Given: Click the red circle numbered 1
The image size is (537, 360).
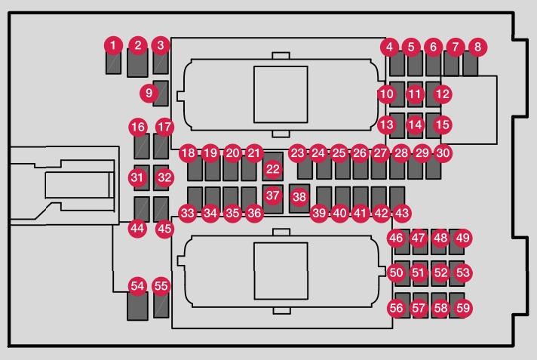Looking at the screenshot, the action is tap(113, 45).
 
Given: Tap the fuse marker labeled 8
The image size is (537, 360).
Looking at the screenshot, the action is tap(477, 47).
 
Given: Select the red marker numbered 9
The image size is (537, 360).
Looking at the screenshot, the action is tap(149, 93).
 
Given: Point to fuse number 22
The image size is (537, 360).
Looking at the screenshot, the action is tap(273, 169).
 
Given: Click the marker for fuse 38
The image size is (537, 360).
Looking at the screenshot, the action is tap(299, 197).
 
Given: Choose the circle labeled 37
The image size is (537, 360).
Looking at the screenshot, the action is tap(272, 195).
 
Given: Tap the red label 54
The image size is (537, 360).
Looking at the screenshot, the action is tap(138, 286).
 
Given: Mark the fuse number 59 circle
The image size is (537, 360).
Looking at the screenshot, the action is tap(463, 308).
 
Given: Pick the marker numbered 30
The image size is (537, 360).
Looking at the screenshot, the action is tap(443, 153).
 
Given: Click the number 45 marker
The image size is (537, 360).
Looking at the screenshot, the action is tap(164, 229).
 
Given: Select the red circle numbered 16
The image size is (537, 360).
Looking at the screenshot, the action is tap(138, 128).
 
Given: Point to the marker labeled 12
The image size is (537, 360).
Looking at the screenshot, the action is tap(443, 94).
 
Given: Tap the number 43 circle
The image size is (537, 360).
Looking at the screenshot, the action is tap(402, 214).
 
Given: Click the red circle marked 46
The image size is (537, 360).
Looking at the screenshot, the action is tap(396, 238).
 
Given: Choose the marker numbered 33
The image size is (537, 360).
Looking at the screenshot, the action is tap(188, 214).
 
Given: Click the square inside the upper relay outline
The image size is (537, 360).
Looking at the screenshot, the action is tap(281, 94).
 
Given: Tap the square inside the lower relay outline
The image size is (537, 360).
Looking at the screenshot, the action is tap(281, 271).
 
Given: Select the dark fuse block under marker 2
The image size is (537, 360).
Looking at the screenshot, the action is tap(137, 63).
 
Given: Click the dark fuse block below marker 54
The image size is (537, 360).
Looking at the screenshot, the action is tap(137, 306).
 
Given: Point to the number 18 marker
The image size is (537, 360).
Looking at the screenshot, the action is tap(189, 153).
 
